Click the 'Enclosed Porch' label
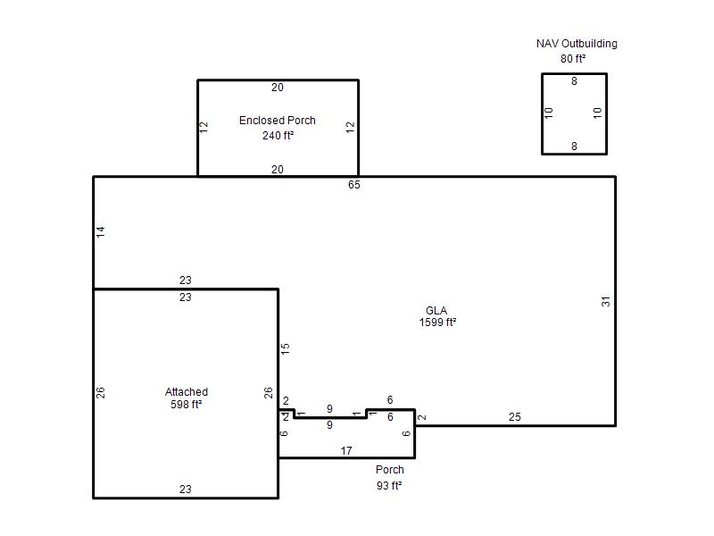(x=278, y=121)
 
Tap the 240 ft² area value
(x=278, y=136)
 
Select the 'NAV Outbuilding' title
(x=577, y=44)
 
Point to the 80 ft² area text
(x=573, y=59)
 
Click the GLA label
(x=436, y=310)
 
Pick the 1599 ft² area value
(x=437, y=322)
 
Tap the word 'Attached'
(x=187, y=392)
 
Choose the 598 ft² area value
(x=187, y=405)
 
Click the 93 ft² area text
(x=389, y=486)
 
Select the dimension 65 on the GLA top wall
(x=353, y=185)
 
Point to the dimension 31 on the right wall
(x=605, y=301)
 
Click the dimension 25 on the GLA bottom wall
(x=515, y=417)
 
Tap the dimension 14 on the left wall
(x=101, y=231)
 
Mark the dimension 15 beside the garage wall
(x=285, y=349)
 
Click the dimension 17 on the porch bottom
(x=346, y=451)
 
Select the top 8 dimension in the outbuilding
(x=574, y=81)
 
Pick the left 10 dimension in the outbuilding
(x=549, y=113)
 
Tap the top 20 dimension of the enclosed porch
(x=278, y=88)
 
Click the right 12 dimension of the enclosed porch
(x=350, y=127)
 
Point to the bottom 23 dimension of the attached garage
(x=186, y=489)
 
